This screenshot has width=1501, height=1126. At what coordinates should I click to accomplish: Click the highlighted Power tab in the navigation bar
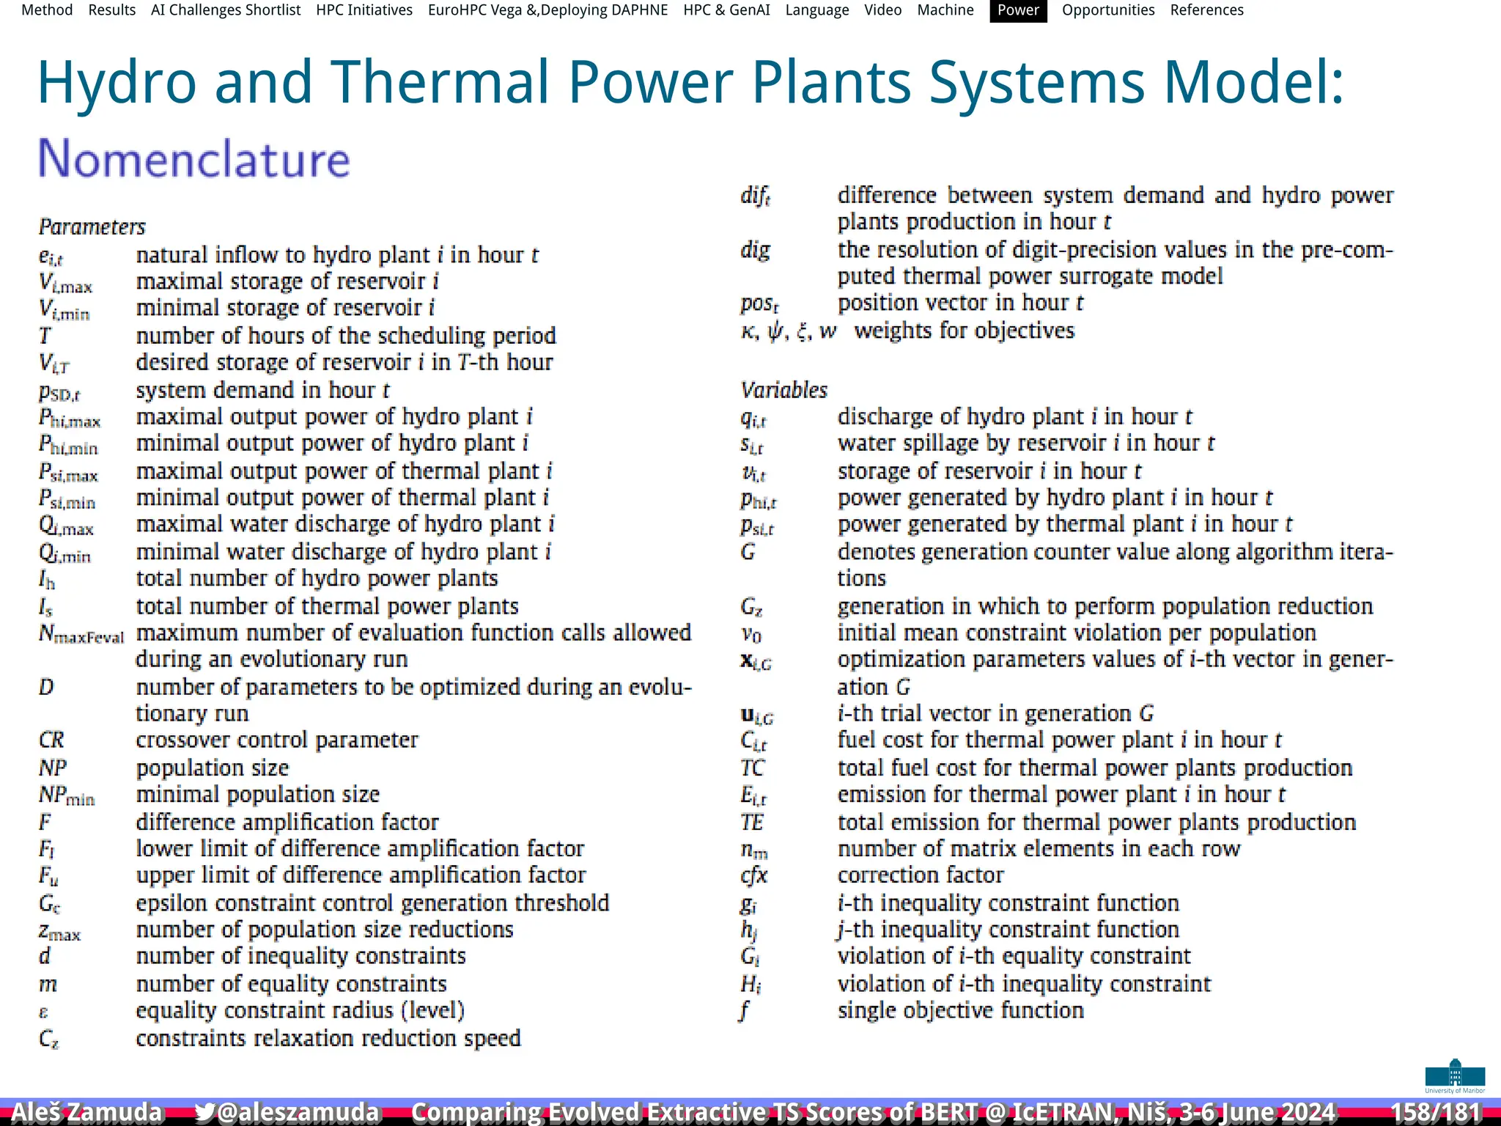click(1018, 10)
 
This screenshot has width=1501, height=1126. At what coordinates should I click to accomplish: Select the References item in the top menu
click(1206, 10)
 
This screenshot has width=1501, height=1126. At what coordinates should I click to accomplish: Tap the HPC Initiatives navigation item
click(364, 10)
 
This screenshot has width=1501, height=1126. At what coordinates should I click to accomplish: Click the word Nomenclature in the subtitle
click(194, 158)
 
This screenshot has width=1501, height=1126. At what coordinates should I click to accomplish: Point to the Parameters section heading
click(92, 227)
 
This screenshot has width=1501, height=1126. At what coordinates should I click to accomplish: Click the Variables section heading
click(783, 390)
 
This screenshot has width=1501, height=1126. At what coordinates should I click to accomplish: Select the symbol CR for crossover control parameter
click(51, 740)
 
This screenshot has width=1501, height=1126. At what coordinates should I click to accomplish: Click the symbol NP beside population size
click(53, 768)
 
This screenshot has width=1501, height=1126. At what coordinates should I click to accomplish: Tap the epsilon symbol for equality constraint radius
click(43, 1012)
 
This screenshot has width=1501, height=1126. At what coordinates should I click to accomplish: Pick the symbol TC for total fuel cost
click(752, 768)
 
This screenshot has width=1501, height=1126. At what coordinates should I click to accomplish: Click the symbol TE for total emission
click(752, 823)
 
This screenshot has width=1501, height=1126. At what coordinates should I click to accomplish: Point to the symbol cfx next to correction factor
click(753, 875)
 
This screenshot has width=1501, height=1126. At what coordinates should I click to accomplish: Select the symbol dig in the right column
click(755, 250)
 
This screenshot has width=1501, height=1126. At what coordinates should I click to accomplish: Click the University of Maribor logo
click(1455, 1076)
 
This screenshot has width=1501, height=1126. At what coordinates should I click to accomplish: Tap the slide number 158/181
click(1436, 1111)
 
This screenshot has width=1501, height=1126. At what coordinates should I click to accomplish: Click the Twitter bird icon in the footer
click(204, 1112)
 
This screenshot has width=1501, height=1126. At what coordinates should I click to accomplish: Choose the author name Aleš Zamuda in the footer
click(86, 1111)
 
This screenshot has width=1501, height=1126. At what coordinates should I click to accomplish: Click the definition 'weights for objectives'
click(965, 331)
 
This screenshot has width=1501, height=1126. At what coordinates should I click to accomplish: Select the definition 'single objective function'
click(960, 1010)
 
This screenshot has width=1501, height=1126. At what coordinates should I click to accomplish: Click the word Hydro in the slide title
click(117, 82)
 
